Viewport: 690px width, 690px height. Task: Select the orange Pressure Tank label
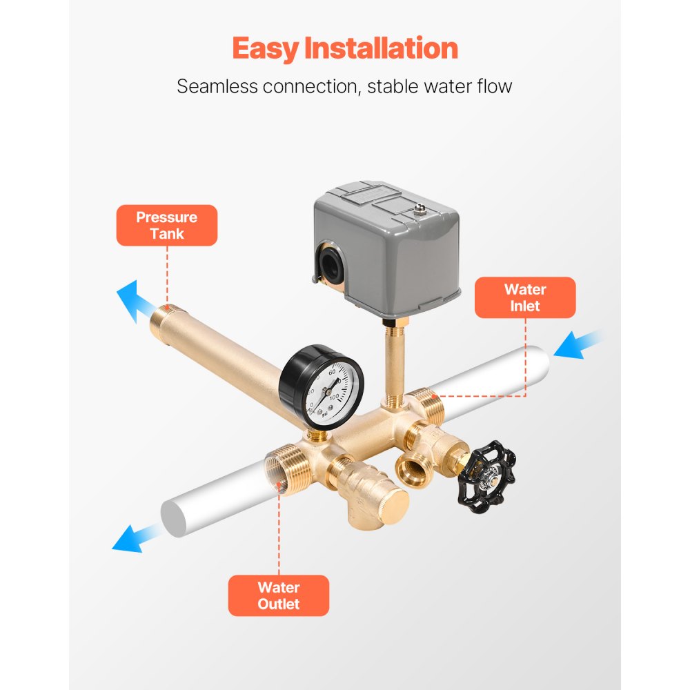point(166,225)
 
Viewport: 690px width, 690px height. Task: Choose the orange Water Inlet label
point(524,297)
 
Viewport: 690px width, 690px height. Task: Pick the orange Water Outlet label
point(279,595)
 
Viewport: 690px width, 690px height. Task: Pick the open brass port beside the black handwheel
point(414,470)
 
